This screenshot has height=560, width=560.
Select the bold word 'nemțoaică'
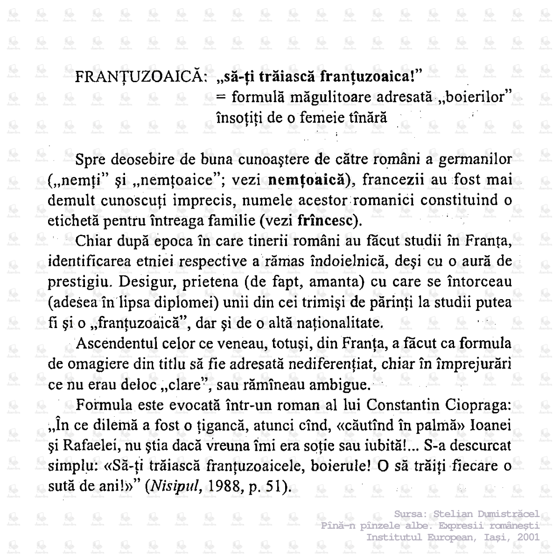pyautogui.click(x=309, y=179)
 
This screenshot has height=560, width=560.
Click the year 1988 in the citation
pyautogui.click(x=225, y=487)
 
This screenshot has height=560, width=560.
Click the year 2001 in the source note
pyautogui.click(x=527, y=537)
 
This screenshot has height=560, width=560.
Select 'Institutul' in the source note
pyautogui.click(x=394, y=537)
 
